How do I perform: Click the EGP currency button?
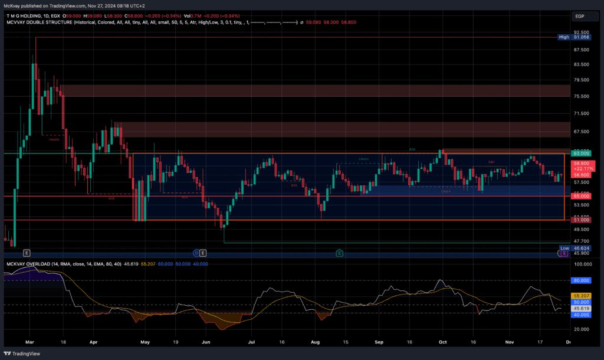[580, 16]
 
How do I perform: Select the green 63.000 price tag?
[580, 153]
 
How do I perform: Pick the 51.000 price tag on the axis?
[580, 220]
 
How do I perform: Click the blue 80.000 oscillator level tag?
[581, 280]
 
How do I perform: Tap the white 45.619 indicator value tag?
[581, 308]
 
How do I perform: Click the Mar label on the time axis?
[31, 341]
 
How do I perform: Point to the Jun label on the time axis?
[206, 341]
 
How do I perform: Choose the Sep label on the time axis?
[379, 341]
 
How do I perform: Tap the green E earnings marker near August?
[340, 253]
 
